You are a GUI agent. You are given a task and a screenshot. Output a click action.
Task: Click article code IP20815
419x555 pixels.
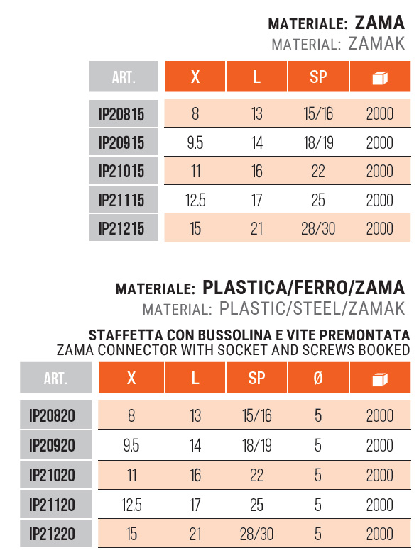point(121,113)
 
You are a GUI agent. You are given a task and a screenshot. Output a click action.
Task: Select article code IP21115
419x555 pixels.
point(121,201)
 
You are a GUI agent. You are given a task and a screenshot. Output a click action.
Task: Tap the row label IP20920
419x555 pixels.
point(52,445)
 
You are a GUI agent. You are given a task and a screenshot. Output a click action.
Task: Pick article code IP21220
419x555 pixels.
point(52,532)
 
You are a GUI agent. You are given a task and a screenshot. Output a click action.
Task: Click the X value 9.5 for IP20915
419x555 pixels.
point(195,142)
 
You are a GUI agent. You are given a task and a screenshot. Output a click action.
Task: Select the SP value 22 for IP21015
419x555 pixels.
point(318,172)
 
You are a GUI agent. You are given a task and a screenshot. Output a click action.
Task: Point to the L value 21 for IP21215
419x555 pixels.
point(257,229)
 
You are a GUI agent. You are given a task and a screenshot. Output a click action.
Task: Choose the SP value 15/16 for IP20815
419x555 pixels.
point(318,113)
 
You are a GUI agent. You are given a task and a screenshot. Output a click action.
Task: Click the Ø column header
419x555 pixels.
point(318,378)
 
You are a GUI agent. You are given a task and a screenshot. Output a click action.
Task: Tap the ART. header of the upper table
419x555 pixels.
point(124,77)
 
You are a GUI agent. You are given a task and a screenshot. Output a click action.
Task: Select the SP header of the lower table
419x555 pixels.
point(257,378)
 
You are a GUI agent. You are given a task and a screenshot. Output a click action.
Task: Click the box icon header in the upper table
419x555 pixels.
point(380,77)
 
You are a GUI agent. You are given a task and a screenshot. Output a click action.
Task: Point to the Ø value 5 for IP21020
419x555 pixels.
point(318,474)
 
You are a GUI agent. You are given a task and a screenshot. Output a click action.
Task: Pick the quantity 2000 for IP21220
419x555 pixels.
point(380,532)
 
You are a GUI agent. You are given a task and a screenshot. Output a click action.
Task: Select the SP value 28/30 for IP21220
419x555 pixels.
point(257,532)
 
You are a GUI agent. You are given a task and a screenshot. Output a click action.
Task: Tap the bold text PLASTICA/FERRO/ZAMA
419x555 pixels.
point(303,288)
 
